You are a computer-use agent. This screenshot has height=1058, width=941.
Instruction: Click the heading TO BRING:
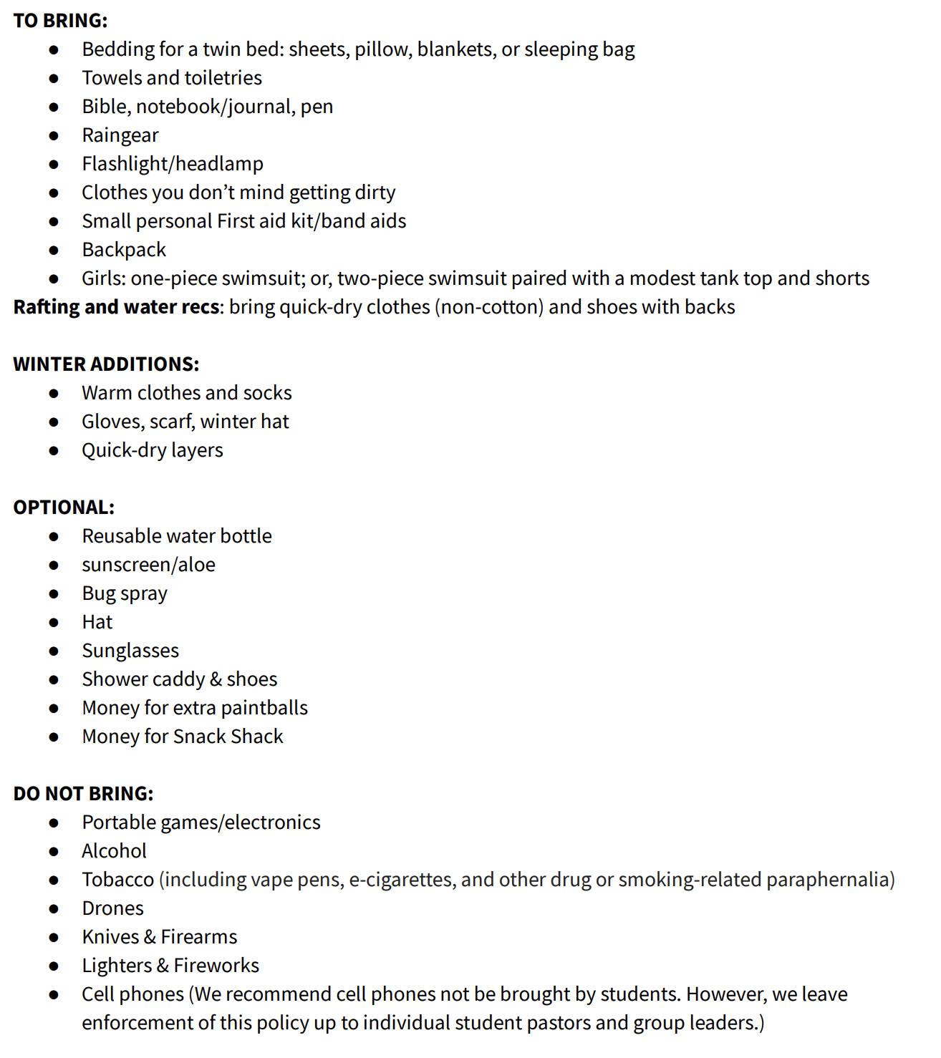point(60,21)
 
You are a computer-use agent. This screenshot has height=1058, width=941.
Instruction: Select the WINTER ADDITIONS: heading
point(106,364)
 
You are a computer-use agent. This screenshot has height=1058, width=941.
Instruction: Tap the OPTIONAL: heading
point(64,508)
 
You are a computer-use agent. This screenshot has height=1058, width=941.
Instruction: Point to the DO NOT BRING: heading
point(83,794)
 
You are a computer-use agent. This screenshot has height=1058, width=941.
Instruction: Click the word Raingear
point(120,135)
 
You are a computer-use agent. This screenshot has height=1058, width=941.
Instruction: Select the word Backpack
point(124,250)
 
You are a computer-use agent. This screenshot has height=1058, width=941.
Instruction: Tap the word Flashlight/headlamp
point(173,164)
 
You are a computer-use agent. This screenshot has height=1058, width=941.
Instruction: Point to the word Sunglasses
point(130,651)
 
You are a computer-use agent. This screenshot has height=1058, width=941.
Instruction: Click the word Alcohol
point(114,851)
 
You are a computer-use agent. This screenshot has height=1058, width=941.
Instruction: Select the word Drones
point(112,908)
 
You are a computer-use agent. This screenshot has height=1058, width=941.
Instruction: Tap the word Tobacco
point(117,880)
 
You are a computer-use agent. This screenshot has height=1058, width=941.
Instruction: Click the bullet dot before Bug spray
point(54,594)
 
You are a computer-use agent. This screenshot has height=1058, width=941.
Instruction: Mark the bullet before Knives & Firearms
point(54,938)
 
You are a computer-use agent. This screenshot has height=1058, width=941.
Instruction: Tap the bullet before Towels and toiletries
point(54,79)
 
